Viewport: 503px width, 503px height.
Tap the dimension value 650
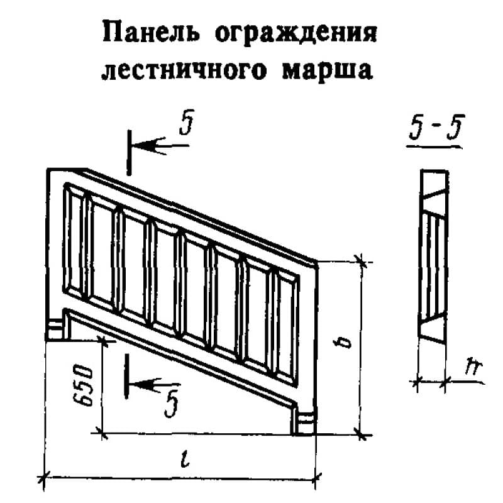(87, 385)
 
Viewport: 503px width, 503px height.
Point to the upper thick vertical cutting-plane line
(128, 152)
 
